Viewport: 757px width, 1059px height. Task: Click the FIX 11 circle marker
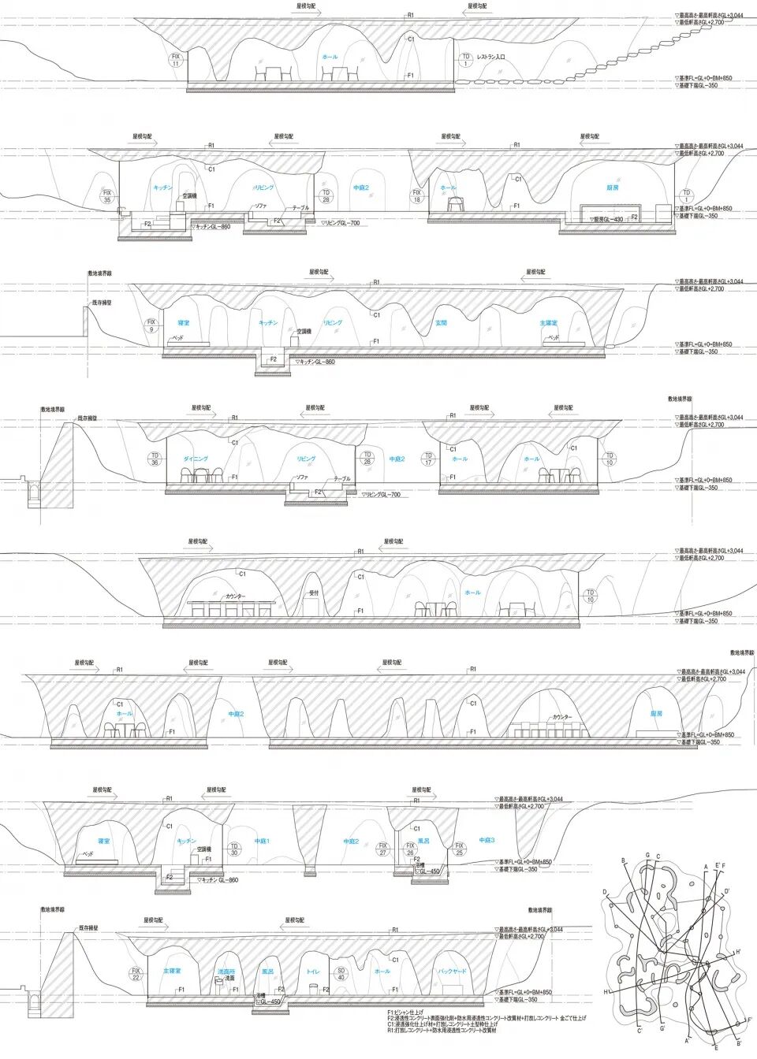pyautogui.click(x=176, y=60)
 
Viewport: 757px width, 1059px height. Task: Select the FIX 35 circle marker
pyautogui.click(x=108, y=196)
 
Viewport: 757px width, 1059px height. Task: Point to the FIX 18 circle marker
pyautogui.click(x=417, y=196)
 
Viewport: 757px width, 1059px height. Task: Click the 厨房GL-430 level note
pyautogui.click(x=608, y=219)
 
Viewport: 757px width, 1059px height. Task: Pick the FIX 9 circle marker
pyautogui.click(x=151, y=325)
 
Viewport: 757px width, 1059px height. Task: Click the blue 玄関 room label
pyautogui.click(x=442, y=323)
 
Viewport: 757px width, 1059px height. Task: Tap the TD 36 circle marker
pyautogui.click(x=155, y=459)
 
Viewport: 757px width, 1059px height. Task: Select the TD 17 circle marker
pyautogui.click(x=428, y=459)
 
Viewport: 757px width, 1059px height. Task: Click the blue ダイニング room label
pyautogui.click(x=196, y=459)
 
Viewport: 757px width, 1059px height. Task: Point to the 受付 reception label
pyautogui.click(x=313, y=593)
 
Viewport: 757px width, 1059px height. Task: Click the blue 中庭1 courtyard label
pyautogui.click(x=262, y=842)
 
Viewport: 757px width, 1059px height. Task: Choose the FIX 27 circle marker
pyautogui.click(x=383, y=849)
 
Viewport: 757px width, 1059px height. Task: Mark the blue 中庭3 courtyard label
pyautogui.click(x=487, y=841)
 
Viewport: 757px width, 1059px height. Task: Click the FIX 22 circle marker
pyautogui.click(x=136, y=974)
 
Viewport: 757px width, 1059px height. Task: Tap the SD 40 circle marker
pyautogui.click(x=341, y=974)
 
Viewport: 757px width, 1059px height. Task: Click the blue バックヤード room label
pyautogui.click(x=452, y=972)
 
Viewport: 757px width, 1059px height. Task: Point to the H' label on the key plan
pyautogui.click(x=737, y=952)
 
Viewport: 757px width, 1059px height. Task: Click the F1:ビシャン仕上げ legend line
pyautogui.click(x=405, y=1012)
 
